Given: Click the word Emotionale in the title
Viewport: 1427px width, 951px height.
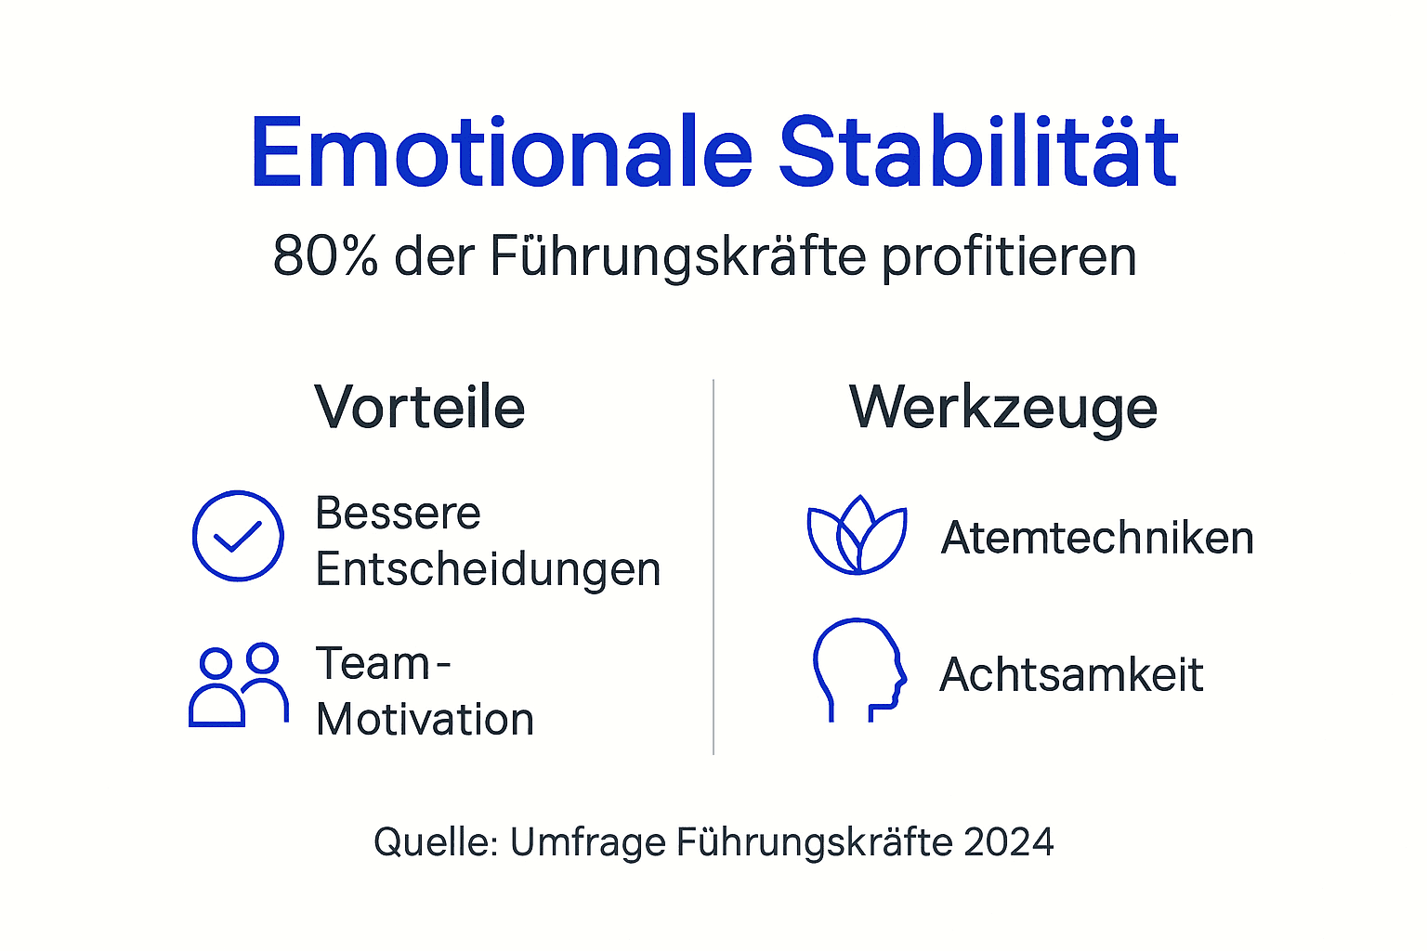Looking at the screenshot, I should point(501,153).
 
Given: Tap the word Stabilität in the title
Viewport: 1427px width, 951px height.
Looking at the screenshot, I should point(978,153).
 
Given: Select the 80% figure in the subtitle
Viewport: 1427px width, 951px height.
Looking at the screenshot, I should point(325,256).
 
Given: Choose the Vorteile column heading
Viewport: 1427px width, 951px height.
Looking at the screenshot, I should point(420,408).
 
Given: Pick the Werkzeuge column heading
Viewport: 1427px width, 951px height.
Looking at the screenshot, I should point(1003,409).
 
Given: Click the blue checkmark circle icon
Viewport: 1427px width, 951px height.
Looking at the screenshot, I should point(238,536).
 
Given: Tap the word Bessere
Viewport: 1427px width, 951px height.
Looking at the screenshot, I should point(398,514).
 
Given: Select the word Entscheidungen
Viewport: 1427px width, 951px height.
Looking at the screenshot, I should point(488,569).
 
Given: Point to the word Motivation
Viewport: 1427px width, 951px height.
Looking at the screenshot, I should point(425,720).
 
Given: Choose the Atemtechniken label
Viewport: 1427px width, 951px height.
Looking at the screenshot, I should point(1097,538).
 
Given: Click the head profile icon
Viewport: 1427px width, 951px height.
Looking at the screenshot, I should point(858,670).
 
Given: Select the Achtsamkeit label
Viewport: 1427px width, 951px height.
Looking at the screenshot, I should point(1071,674).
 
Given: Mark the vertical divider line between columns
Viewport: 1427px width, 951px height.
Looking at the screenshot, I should point(713,567).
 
